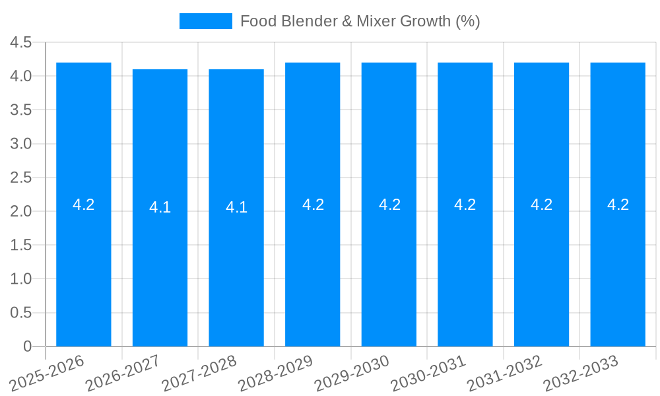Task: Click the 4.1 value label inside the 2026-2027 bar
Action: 160,207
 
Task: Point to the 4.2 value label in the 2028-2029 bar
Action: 313,205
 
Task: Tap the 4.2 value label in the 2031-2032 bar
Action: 541,205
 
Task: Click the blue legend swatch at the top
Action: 206,21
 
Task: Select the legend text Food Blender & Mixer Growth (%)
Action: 360,21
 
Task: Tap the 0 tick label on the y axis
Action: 27,346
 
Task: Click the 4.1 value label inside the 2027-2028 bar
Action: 236,207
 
